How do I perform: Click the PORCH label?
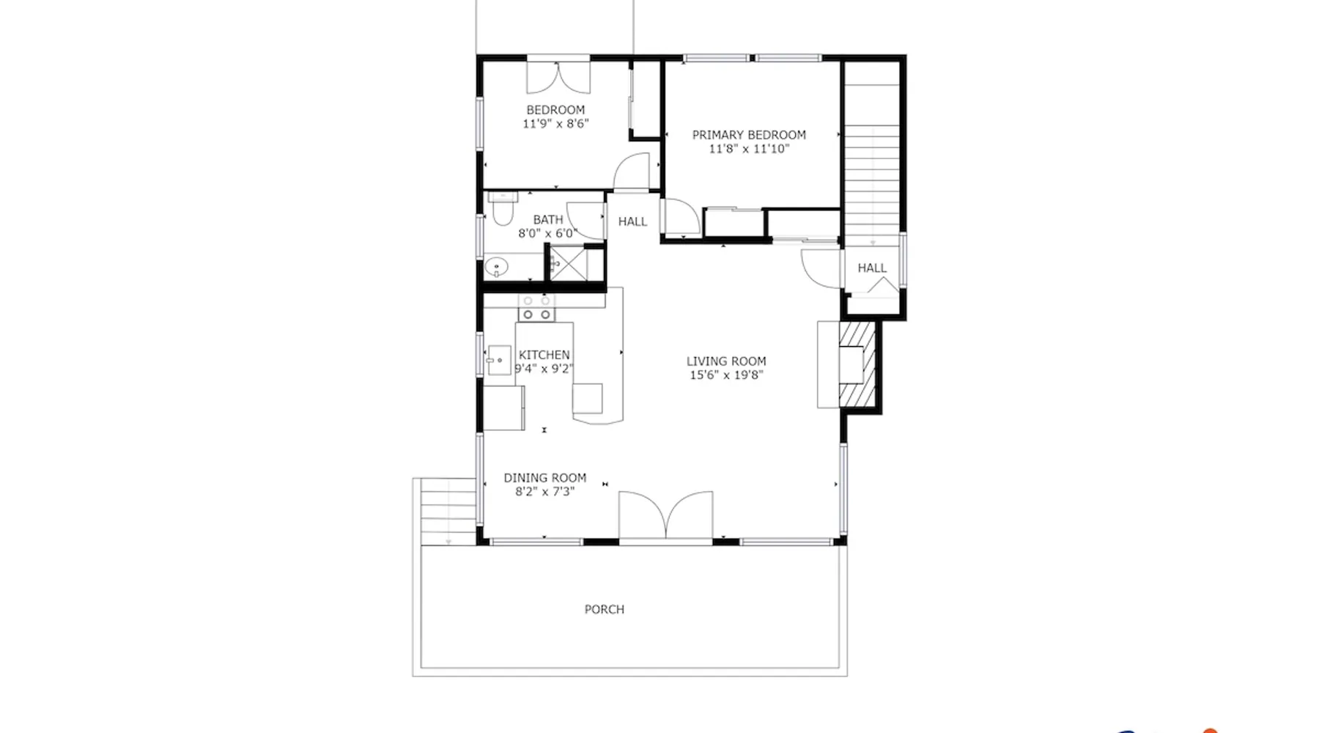pos(605,609)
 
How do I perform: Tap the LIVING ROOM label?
pos(726,361)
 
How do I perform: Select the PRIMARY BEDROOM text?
pos(749,135)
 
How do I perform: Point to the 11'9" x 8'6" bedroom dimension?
pos(555,124)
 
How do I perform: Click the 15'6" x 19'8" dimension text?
pos(726,375)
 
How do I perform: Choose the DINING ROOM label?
pos(544,478)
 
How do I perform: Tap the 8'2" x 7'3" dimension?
pos(544,492)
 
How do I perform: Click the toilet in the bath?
pos(503,208)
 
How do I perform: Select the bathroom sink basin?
pos(497,267)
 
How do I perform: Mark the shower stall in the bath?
pos(569,263)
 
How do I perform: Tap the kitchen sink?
pos(499,360)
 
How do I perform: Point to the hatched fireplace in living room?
pos(857,364)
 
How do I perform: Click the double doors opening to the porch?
pos(665,517)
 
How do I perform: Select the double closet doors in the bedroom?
pos(558,78)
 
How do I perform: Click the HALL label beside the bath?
pos(632,221)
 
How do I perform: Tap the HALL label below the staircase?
pos(872,268)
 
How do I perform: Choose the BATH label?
pos(548,220)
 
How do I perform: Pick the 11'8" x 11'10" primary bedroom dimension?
pos(749,149)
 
